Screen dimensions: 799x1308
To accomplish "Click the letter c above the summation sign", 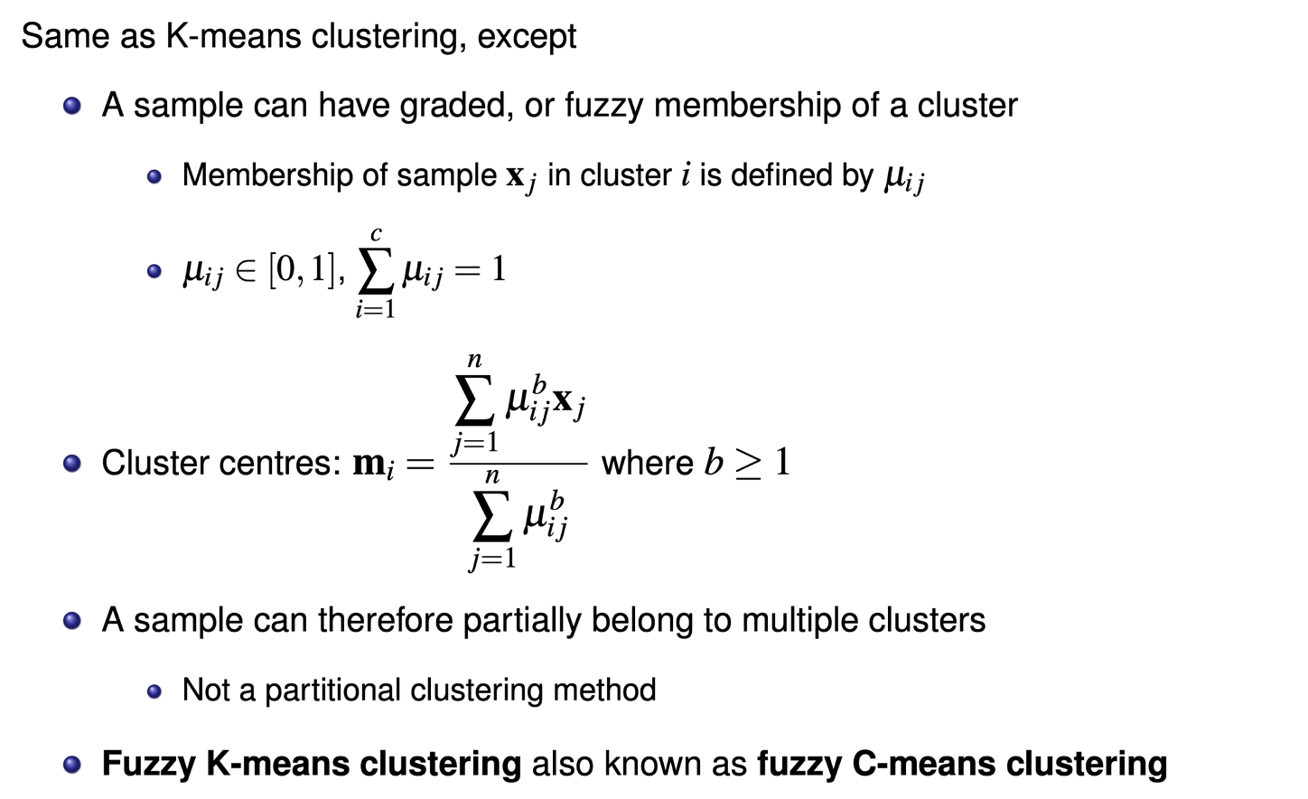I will pos(376,235).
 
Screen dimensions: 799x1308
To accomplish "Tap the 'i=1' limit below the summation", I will pos(376,309).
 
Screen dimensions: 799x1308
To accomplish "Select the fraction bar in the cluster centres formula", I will pos(519,463).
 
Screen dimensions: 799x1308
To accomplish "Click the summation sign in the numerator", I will pos(474,400).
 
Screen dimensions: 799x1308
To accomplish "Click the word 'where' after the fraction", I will pos(647,463).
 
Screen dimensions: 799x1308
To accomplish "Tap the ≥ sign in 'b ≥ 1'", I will pos(748,464).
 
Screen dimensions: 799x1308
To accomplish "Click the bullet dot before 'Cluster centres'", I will pos(72,464).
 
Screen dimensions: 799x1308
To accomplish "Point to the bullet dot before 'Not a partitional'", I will pos(154,691).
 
